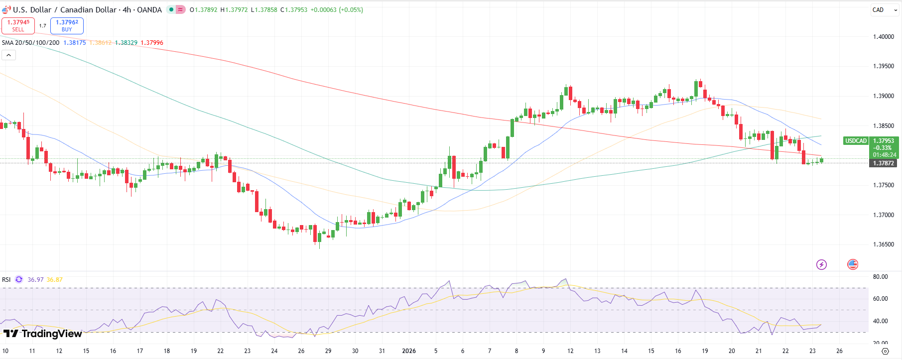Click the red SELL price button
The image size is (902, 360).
coord(18,25)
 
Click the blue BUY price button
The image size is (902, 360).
coord(67,25)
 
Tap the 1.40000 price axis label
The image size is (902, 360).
coord(883,37)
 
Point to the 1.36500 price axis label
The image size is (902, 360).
coord(883,244)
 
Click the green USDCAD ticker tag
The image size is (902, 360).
coord(856,141)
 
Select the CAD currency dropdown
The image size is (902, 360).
coord(885,10)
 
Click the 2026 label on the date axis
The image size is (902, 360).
coord(408,351)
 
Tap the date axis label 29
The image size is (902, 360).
coord(328,351)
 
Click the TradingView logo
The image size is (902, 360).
coord(42,334)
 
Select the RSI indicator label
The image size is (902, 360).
coord(6,280)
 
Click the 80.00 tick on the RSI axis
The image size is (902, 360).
coord(880,277)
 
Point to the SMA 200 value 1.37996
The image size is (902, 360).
coord(152,43)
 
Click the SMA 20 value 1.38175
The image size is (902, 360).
coord(75,43)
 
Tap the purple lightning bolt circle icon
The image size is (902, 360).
coord(821,264)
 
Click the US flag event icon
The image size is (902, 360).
coord(853,264)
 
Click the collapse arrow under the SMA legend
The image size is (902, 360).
coord(8,55)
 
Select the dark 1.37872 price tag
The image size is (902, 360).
coord(883,163)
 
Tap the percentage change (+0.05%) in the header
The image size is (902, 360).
coord(351,10)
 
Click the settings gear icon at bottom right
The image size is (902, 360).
coord(885,351)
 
